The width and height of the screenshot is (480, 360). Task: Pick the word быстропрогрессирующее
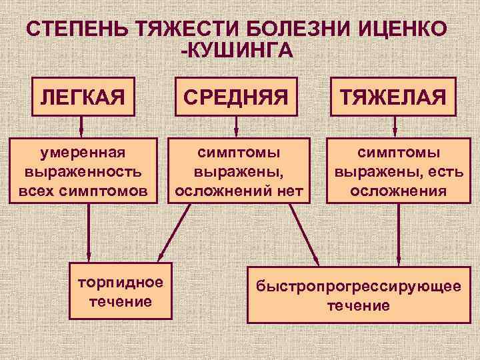coord(359,287)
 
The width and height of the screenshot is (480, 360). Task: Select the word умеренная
coord(83,153)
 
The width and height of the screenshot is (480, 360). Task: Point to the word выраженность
coord(83,171)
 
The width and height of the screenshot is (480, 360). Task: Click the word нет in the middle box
coord(287,191)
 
